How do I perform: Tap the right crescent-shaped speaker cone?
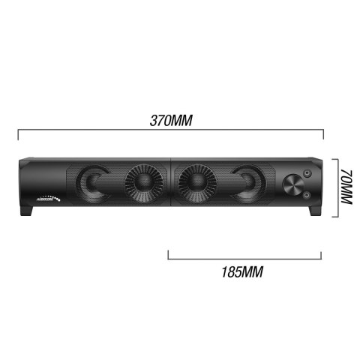[249, 185]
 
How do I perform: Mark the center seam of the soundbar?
[172, 185]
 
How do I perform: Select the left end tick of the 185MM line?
[168, 253]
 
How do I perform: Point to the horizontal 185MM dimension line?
[247, 258]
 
